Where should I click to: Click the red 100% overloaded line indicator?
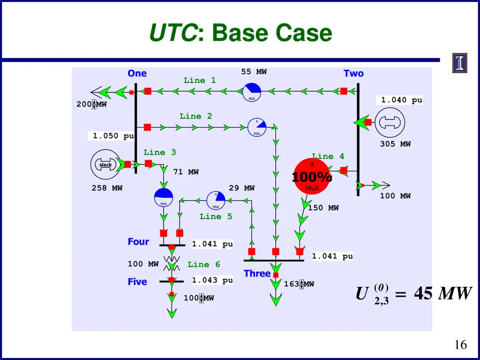click(312, 177)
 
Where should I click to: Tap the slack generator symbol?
click(105, 165)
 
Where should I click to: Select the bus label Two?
click(353, 74)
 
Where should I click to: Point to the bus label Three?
click(257, 273)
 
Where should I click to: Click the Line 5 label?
click(216, 217)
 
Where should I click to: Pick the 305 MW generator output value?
click(395, 144)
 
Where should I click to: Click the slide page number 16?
click(461, 345)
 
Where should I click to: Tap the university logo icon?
click(459, 63)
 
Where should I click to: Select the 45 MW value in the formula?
click(442, 294)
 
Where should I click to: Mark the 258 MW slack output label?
click(107, 188)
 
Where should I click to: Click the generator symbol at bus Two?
click(391, 122)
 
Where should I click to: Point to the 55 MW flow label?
click(254, 72)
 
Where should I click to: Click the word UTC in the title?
click(172, 33)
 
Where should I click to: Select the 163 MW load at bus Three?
click(299, 284)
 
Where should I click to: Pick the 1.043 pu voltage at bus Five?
click(212, 280)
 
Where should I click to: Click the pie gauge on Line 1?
click(252, 91)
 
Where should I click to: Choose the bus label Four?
click(138, 242)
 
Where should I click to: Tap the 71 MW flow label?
click(186, 172)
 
